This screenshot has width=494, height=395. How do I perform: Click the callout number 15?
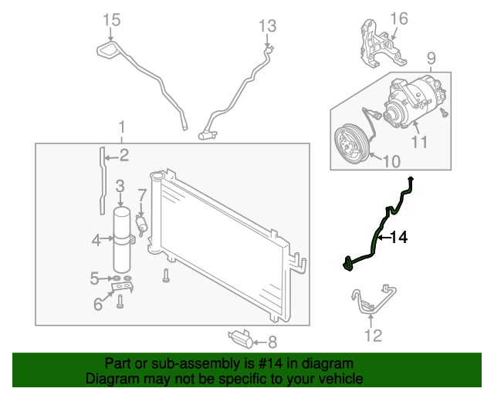[112, 19]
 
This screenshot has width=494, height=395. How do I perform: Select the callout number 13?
[266, 26]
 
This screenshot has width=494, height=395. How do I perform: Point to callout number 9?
[431, 57]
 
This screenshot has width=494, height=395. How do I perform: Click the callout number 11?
[419, 141]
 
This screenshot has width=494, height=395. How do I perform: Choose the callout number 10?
[391, 162]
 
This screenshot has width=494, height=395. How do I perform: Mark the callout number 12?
[373, 335]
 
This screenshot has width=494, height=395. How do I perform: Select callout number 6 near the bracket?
[98, 305]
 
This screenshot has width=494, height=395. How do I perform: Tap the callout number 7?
[142, 194]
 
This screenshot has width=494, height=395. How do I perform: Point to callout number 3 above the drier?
[120, 185]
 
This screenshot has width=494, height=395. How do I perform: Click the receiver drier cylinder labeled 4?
[121, 238]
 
